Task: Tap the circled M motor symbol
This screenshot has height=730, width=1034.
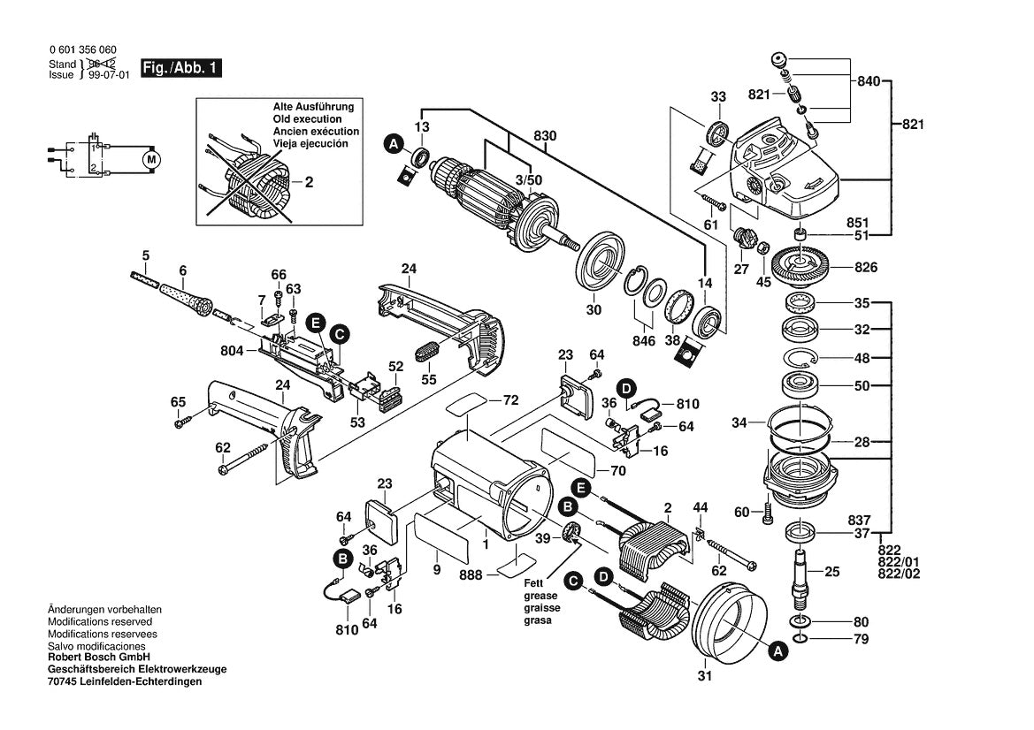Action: (x=151, y=159)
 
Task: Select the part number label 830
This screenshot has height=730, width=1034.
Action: (x=547, y=137)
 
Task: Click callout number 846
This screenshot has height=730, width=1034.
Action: (x=645, y=339)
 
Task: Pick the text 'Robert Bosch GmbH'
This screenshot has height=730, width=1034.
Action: (x=98, y=658)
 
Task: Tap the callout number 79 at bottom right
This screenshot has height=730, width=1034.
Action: (x=836, y=638)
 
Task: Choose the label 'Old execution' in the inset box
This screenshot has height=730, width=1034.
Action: (x=306, y=118)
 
